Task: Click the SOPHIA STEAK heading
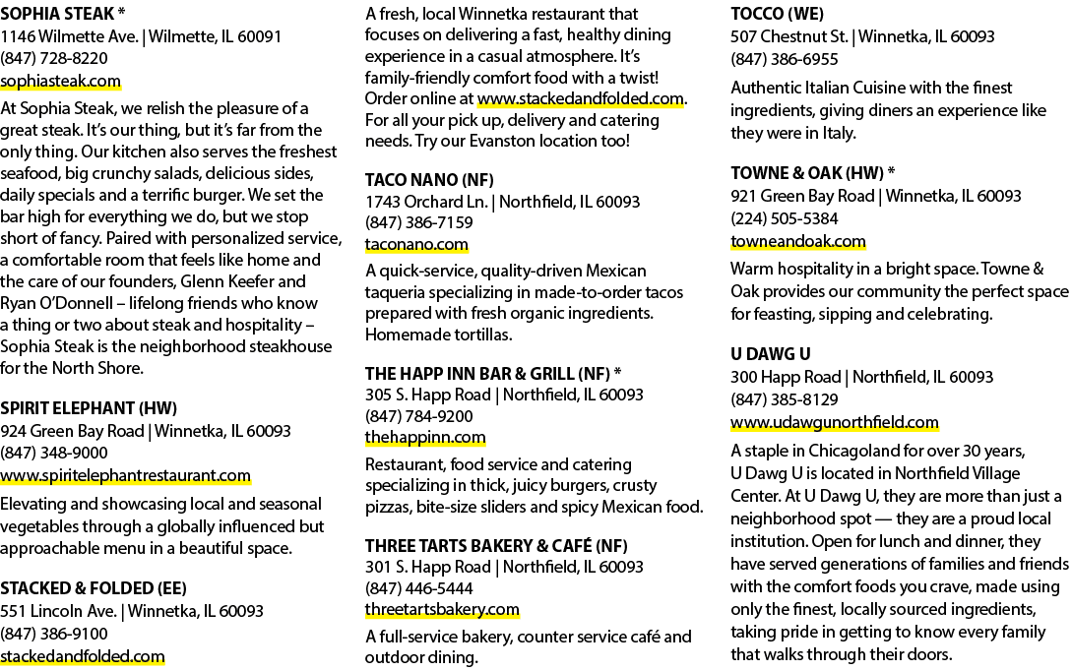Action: (57, 14)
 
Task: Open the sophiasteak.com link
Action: (60, 81)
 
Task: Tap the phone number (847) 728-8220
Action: (54, 59)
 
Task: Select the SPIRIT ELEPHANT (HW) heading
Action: (89, 408)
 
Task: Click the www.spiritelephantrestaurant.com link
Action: (125, 475)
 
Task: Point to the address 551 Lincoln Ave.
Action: (58, 611)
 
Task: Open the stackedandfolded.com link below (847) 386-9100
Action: (82, 656)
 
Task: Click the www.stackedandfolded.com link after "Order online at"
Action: (581, 98)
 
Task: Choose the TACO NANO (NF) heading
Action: (429, 180)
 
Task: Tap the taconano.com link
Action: (416, 245)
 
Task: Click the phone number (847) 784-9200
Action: (419, 416)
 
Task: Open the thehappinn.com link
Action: (425, 437)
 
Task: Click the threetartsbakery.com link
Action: (442, 609)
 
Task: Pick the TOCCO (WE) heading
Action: (778, 14)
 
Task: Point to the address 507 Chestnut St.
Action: (788, 37)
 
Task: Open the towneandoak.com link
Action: (797, 242)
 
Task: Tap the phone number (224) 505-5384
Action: (785, 218)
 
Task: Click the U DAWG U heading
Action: (771, 354)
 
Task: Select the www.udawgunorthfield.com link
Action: (835, 422)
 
